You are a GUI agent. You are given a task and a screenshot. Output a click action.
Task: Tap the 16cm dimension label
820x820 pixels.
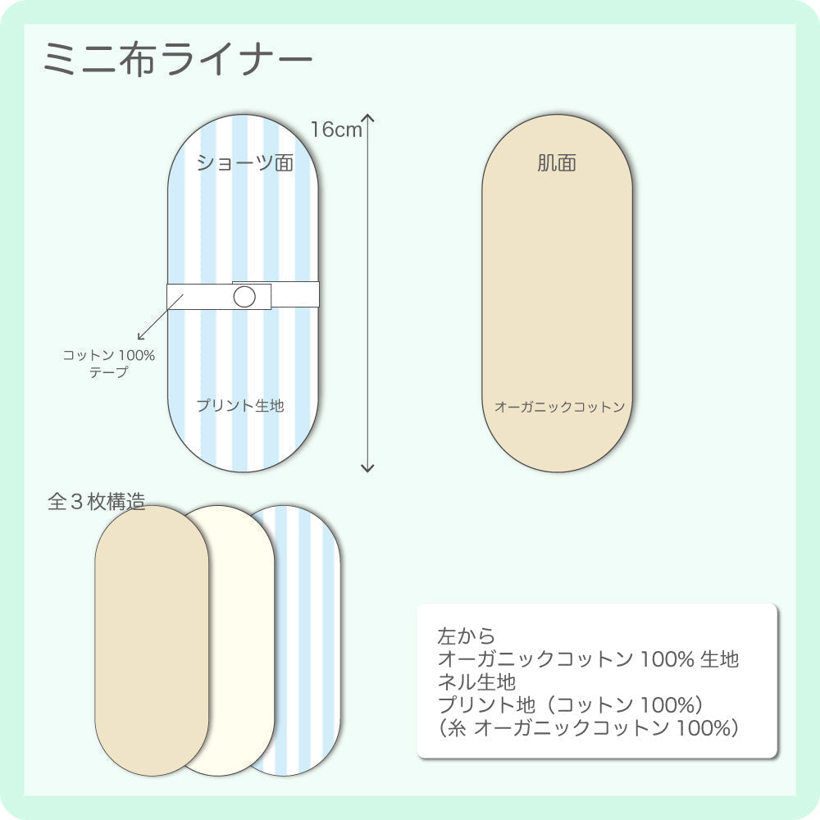pos(336,130)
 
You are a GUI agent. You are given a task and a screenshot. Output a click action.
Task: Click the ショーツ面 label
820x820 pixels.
pos(244,163)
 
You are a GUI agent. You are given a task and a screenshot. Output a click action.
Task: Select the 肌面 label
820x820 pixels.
pos(557,163)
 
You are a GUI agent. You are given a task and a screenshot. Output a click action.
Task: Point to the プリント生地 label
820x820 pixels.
pos(240,405)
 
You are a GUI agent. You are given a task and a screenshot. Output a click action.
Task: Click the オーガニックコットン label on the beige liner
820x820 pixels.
pos(559,407)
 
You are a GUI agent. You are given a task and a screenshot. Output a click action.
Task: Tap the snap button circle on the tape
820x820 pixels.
pos(244,297)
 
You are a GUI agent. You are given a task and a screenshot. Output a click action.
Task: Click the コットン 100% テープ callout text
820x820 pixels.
pos(109,363)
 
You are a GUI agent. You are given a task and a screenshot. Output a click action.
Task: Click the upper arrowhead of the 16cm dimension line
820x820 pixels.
pos(368,119)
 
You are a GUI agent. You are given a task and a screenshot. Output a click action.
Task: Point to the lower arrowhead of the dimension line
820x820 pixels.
pos(367,467)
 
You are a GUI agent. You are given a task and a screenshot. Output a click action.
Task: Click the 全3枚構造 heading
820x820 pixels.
pos(96,502)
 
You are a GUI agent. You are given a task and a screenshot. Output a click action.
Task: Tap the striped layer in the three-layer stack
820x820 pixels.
pos(307,640)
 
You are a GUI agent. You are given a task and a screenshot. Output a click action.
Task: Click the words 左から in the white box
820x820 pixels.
pos(467,635)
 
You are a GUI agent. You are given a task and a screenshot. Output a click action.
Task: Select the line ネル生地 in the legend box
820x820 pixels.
pos(476,681)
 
